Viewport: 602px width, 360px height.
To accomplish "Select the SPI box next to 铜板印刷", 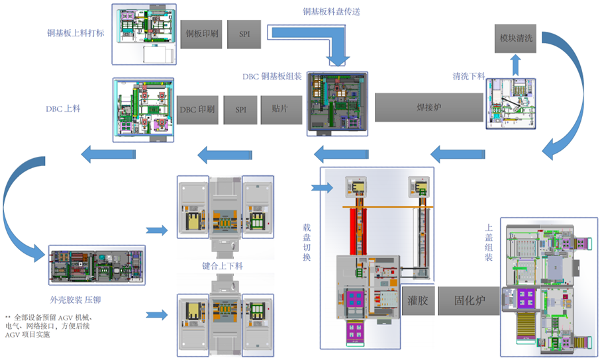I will click(244, 34).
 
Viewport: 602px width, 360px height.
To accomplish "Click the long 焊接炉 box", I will click(429, 107).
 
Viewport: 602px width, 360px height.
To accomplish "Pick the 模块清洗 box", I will click(517, 39).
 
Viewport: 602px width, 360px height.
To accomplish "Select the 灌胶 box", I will click(418, 300).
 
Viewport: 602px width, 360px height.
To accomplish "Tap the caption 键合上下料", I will click(224, 266).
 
